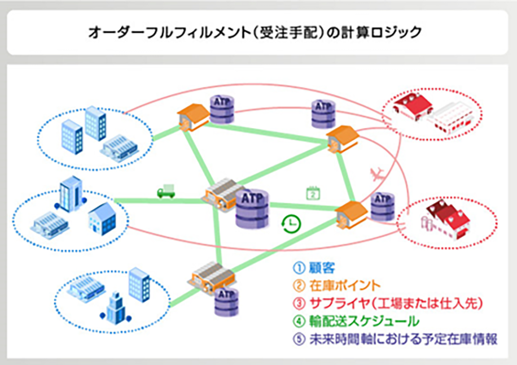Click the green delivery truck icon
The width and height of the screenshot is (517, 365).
(165, 192)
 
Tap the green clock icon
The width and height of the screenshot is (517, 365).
(291, 223)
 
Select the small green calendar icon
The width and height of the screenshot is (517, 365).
(313, 193)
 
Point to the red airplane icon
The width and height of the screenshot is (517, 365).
(376, 173)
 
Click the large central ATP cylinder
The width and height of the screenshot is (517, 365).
(252, 208)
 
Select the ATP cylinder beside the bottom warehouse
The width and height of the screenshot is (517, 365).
(227, 300)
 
